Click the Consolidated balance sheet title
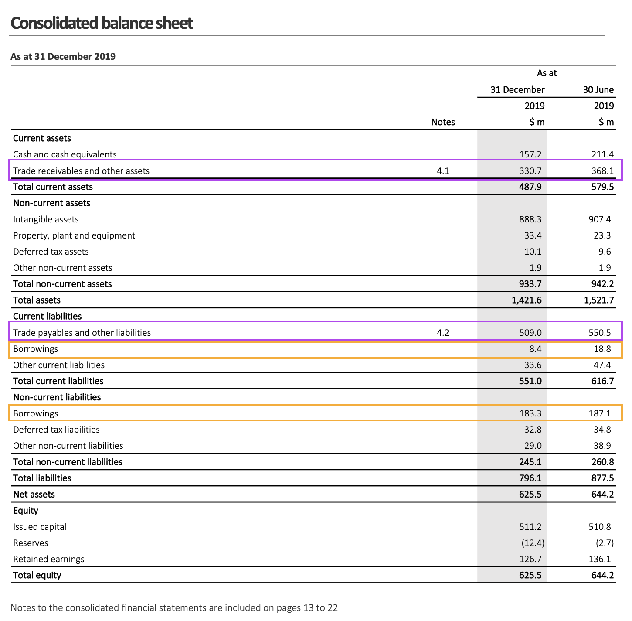tap(102, 23)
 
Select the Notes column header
tap(443, 122)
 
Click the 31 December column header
tap(517, 90)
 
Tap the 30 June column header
tap(598, 90)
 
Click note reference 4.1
tap(443, 171)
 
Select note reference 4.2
tap(443, 333)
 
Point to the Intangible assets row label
tap(46, 219)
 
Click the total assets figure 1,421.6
tap(527, 300)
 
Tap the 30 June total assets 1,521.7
tap(596, 300)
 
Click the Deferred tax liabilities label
tap(56, 430)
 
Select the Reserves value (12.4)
tap(533, 543)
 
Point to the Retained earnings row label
tap(49, 559)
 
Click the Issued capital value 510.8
tap(600, 527)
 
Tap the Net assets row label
tap(34, 495)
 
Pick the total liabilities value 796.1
tap(530, 478)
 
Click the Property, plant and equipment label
tap(74, 235)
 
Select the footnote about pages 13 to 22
tap(174, 607)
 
